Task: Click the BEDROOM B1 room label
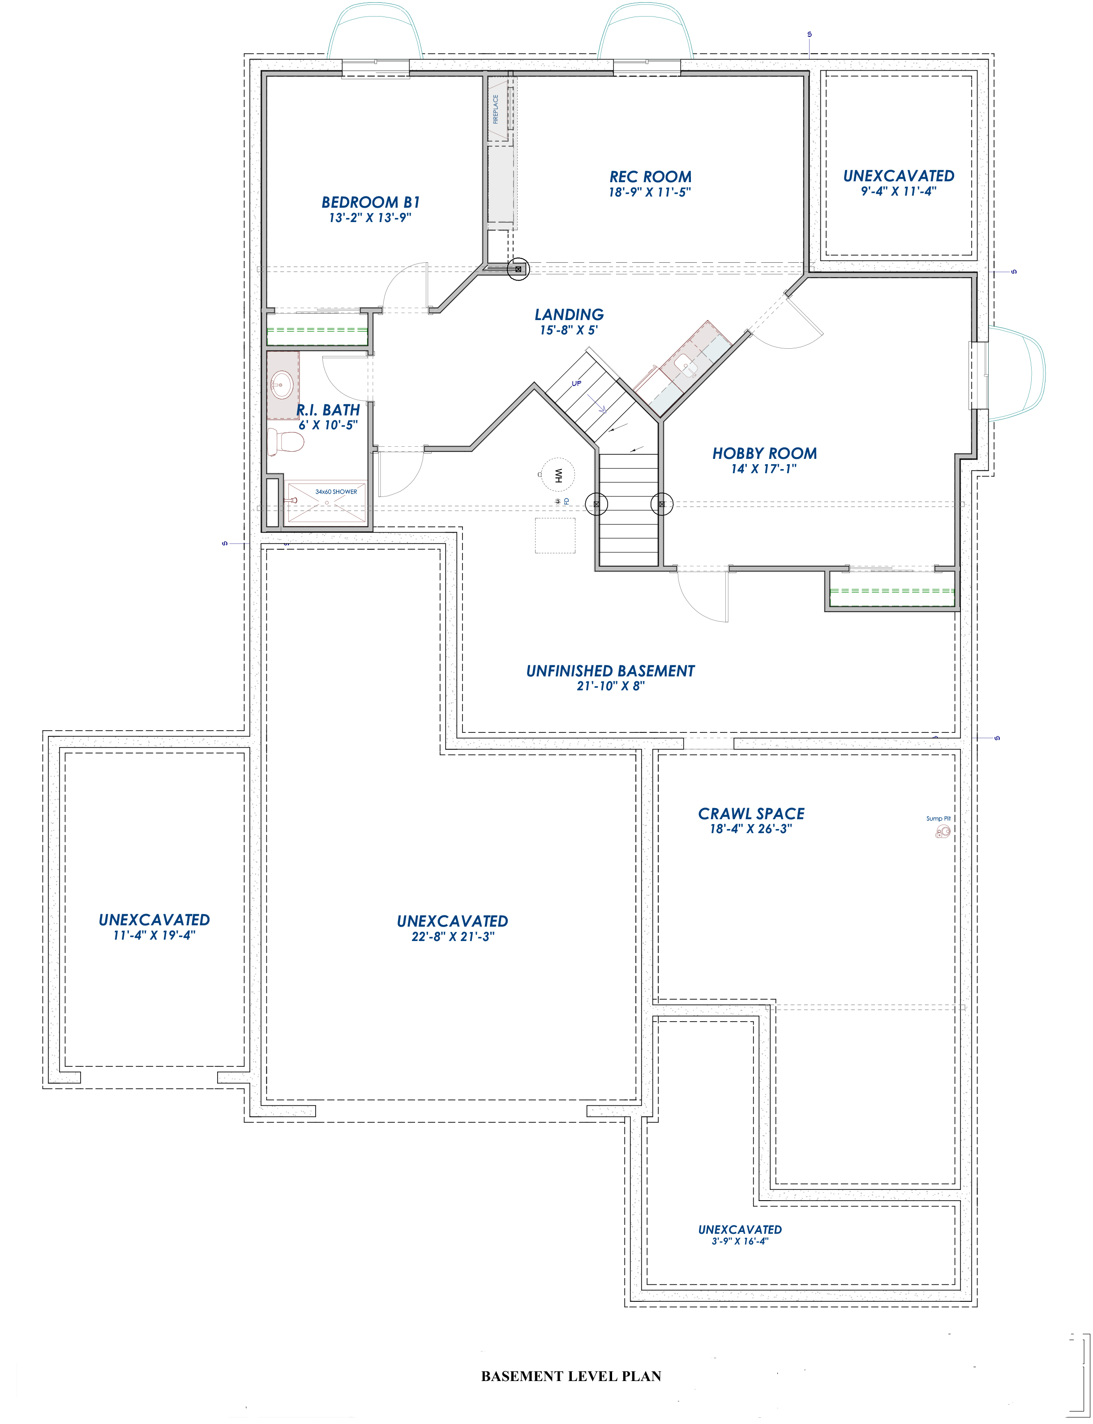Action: tap(370, 202)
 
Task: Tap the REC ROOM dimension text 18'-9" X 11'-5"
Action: tap(649, 192)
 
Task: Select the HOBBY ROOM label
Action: tap(764, 453)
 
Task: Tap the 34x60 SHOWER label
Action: tap(336, 492)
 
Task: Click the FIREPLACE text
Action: tap(496, 109)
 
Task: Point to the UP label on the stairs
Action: tap(576, 384)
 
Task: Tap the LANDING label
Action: tap(569, 315)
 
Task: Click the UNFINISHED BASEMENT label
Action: tap(610, 671)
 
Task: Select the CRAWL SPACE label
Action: tap(751, 814)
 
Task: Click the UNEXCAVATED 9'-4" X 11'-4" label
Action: tap(899, 176)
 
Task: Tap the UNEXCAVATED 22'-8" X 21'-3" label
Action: tap(452, 921)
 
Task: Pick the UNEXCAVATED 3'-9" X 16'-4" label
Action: tap(740, 1230)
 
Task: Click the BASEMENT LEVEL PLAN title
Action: tap(570, 1376)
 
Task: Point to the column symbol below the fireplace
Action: tap(519, 269)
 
